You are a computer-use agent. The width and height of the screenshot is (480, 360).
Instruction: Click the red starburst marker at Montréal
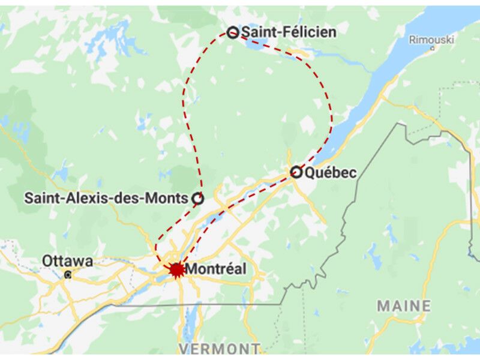176,269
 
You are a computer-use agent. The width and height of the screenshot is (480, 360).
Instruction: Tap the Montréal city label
215,269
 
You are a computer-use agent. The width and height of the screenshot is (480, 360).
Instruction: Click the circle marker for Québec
295,172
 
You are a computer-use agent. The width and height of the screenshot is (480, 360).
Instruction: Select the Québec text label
331,173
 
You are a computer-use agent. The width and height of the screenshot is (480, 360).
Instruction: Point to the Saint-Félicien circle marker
232,32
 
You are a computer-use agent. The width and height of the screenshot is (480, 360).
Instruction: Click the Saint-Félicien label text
288,32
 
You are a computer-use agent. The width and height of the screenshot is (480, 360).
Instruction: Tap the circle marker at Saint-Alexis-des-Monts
197,197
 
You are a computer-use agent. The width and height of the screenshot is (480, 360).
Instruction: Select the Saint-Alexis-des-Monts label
106,198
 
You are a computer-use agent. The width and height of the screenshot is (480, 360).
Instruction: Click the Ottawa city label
67,262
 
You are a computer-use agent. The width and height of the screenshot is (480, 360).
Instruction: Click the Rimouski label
432,40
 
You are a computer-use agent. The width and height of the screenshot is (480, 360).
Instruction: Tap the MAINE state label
404,306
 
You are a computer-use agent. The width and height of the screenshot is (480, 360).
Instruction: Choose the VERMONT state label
219,349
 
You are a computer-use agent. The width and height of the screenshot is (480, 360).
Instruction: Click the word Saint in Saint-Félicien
259,32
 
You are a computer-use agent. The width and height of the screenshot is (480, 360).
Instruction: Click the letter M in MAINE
383,306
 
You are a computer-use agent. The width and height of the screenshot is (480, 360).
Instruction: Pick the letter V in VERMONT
184,349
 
